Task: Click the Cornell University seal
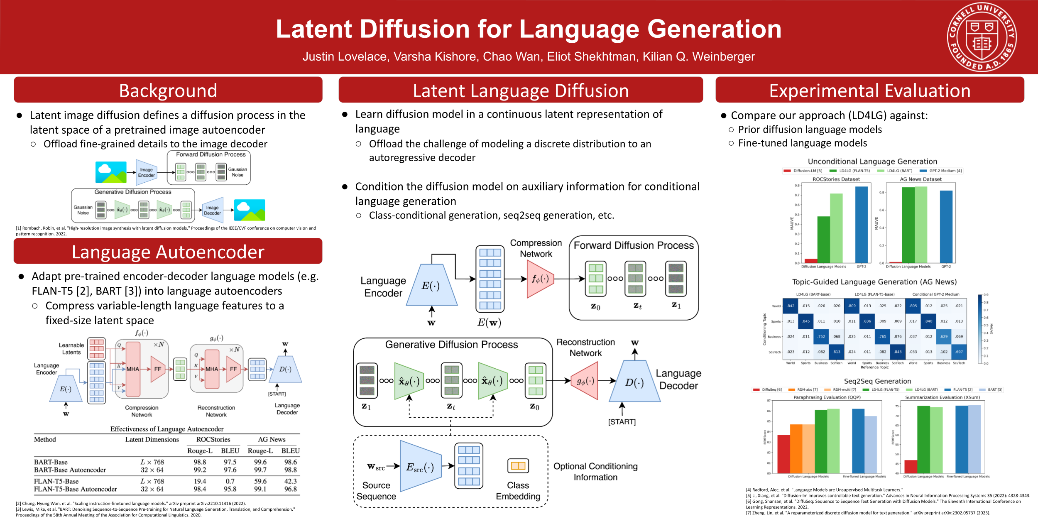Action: (x=982, y=37)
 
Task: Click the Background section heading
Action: (x=168, y=91)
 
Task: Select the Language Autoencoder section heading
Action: (x=168, y=252)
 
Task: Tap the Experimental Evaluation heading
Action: (x=869, y=91)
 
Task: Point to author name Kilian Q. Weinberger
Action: (x=698, y=56)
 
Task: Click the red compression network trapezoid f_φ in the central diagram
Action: (x=540, y=279)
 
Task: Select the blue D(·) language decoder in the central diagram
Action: (x=634, y=382)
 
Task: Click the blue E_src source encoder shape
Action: (x=420, y=467)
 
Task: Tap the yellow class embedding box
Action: (x=518, y=465)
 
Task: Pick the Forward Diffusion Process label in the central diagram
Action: (x=634, y=245)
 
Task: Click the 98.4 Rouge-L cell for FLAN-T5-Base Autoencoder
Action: (x=200, y=489)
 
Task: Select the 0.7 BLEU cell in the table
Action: (x=230, y=481)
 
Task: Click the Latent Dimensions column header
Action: (x=152, y=439)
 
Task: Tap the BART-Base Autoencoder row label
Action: (x=70, y=470)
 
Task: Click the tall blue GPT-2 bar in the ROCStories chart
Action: (x=862, y=224)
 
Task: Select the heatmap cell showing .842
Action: (x=790, y=306)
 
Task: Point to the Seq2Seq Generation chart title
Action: (x=877, y=381)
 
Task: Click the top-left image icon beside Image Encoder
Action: (x=111, y=172)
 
